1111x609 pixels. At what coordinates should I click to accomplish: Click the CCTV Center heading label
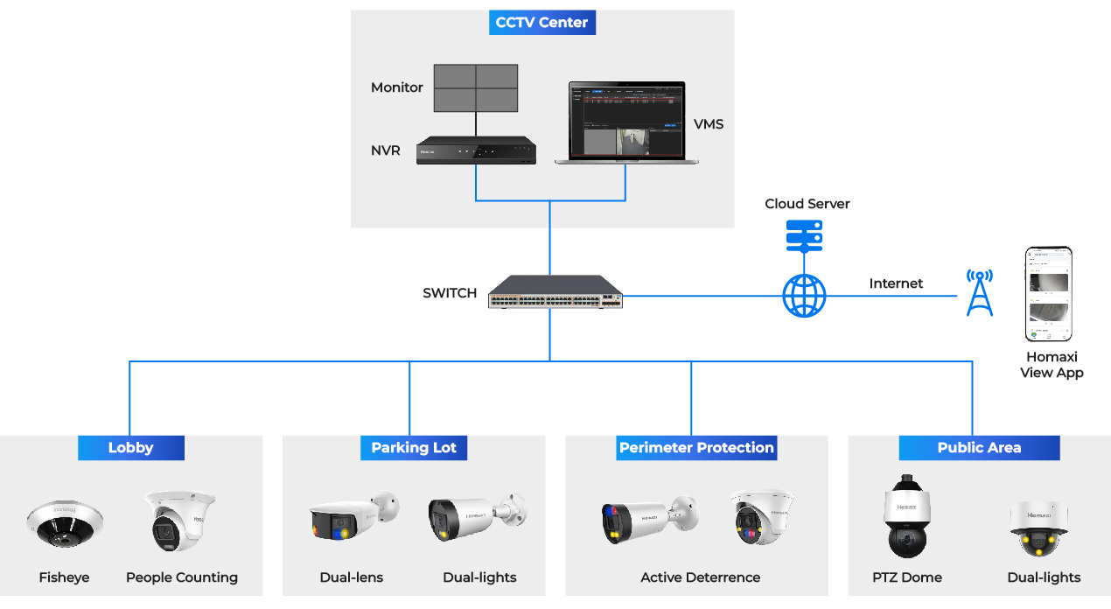coord(542,23)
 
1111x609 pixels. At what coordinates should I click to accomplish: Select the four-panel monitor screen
coord(476,87)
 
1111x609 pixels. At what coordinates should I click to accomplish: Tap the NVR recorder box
coord(476,150)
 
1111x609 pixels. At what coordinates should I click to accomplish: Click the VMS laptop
coord(625,122)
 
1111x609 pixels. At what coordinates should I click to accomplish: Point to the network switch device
coord(555,291)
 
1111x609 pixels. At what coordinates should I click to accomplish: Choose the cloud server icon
coord(804,234)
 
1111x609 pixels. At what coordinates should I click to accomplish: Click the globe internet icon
coord(804,296)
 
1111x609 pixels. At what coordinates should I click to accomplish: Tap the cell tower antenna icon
coord(980,292)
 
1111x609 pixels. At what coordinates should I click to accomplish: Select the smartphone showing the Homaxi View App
coord(1048,294)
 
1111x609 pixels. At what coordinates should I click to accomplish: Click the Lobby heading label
coord(131,448)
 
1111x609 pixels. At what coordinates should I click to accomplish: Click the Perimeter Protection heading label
coord(696,448)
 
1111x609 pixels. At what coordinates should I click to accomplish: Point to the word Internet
coord(896,283)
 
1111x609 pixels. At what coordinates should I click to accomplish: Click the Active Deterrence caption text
coord(700,577)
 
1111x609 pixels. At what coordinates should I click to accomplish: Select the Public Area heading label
coord(979,448)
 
